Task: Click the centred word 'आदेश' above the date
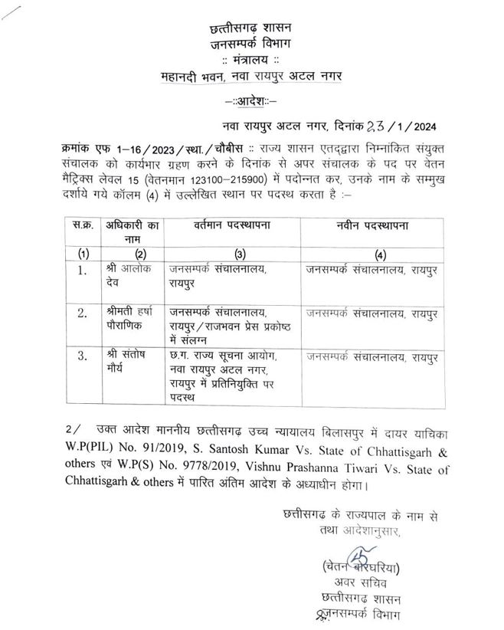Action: pyautogui.click(x=251, y=101)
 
